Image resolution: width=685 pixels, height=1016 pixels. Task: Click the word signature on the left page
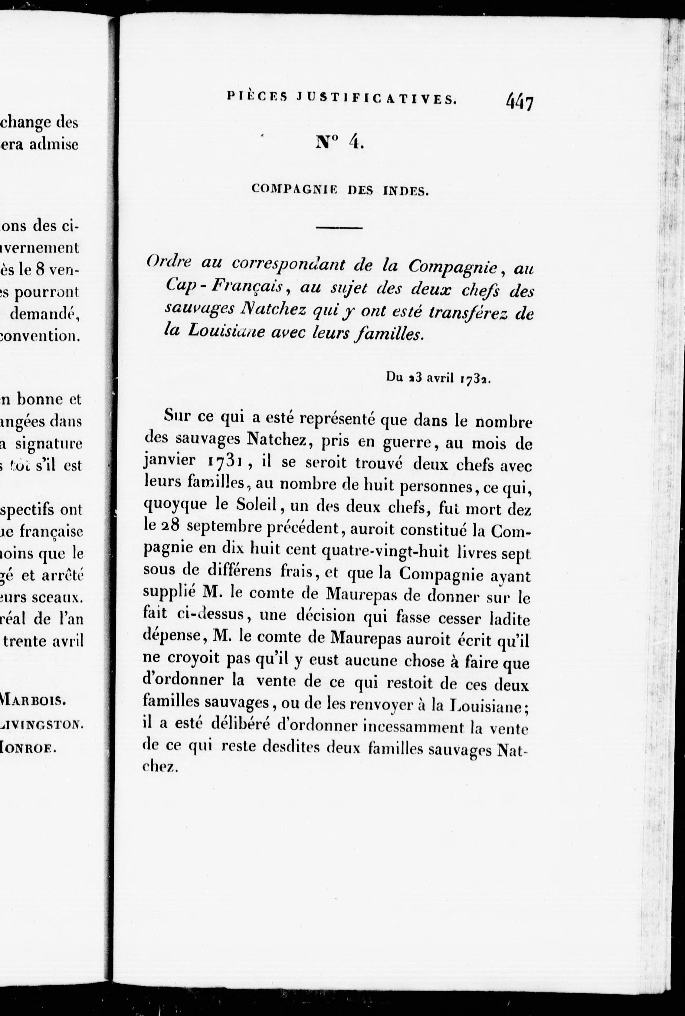(x=48, y=444)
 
